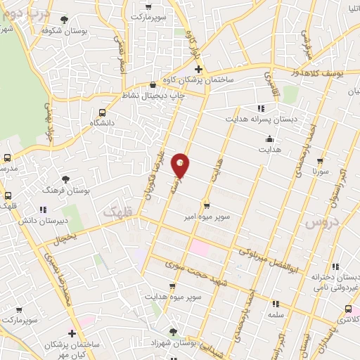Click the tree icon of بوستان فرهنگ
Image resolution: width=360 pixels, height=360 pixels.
(66, 180)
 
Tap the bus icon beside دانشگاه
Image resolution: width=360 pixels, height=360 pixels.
(103, 112)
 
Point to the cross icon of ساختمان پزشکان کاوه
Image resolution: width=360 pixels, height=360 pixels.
(198, 69)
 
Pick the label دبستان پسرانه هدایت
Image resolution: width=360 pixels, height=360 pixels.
(261, 119)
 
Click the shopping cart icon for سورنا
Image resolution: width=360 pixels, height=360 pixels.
(321, 161)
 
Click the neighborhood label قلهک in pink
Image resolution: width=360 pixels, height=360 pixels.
(117, 211)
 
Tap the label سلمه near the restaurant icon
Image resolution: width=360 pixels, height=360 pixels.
(276, 315)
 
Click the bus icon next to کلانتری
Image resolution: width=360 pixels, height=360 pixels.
(348, 309)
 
